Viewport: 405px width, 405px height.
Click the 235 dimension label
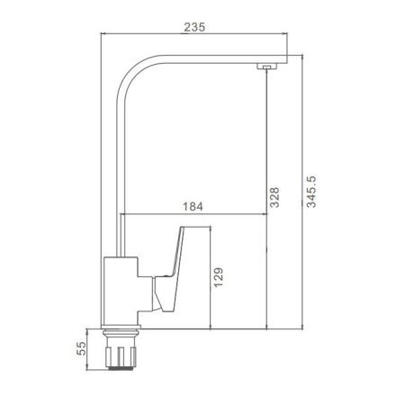point(194,27)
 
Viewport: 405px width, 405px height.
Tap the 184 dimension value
point(193,206)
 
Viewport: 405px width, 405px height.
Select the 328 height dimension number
point(274,197)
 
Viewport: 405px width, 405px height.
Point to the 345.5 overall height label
point(311,192)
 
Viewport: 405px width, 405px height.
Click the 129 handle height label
point(219,277)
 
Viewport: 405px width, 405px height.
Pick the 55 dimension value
point(81,348)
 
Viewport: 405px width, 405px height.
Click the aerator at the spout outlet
point(266,67)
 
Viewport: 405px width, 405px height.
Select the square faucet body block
point(121,291)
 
